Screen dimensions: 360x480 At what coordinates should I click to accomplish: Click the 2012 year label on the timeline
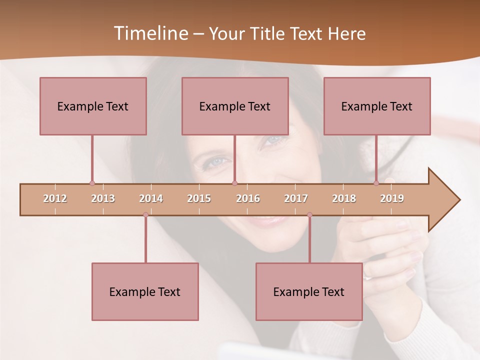[x=55, y=198]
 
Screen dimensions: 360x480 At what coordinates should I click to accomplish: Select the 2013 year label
[x=103, y=198]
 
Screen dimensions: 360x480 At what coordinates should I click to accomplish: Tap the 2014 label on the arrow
[x=151, y=198]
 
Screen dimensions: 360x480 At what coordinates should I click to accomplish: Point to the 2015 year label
[x=199, y=198]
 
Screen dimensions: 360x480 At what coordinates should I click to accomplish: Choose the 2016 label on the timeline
[x=248, y=198]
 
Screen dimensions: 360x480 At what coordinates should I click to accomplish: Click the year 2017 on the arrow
[x=296, y=198]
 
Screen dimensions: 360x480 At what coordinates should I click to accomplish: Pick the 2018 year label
[x=344, y=198]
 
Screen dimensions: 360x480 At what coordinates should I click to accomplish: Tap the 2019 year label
[x=392, y=198]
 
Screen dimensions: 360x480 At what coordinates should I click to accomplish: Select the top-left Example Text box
[x=93, y=106]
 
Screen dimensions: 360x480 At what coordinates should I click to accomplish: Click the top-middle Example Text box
[x=235, y=106]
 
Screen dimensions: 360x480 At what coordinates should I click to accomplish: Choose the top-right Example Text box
[x=377, y=106]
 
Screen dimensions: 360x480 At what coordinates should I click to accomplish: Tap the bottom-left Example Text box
[x=145, y=291]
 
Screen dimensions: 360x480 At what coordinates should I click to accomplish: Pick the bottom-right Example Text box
[x=309, y=291]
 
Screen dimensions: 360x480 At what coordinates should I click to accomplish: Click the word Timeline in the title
[x=150, y=33]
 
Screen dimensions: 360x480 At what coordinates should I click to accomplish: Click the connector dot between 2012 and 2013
[x=92, y=183]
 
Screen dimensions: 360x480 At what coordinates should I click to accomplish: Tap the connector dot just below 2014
[x=145, y=215]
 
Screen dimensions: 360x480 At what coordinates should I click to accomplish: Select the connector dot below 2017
[x=309, y=215]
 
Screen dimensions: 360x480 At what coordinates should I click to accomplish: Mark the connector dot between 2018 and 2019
[x=376, y=183]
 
